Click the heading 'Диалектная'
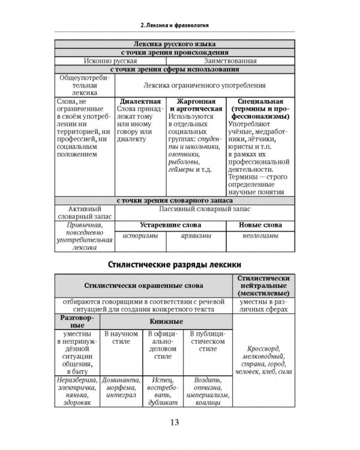(x=140, y=101)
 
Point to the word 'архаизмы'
(x=196, y=237)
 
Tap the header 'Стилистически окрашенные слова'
(x=143, y=286)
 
